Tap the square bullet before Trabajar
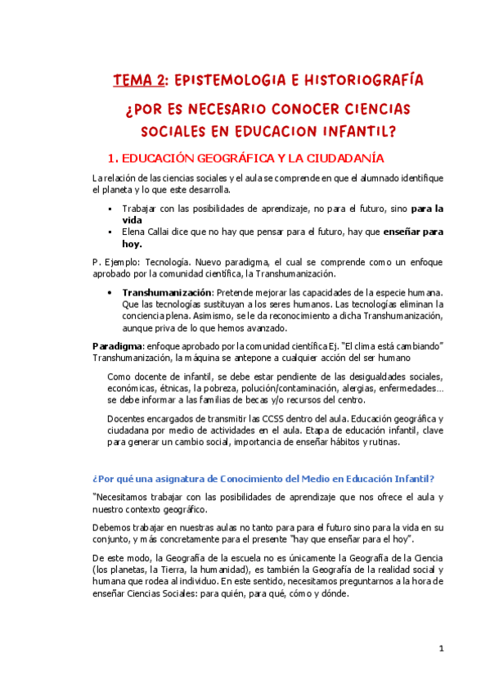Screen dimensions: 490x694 point(110,209)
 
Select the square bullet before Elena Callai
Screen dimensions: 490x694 point(110,232)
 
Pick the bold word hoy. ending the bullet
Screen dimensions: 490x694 point(132,243)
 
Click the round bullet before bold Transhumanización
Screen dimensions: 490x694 point(110,292)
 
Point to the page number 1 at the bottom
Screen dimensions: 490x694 point(440,648)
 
